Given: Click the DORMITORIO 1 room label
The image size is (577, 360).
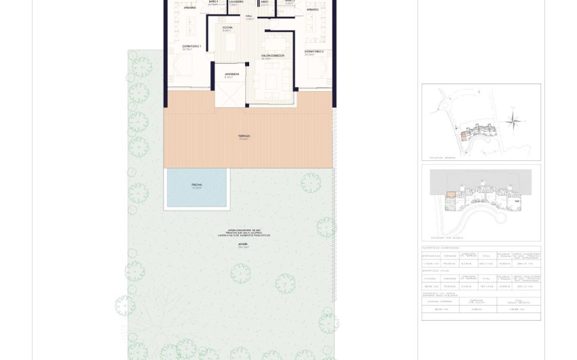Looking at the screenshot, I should tap(183, 46).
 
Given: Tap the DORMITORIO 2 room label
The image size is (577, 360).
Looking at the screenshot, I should tap(314, 52).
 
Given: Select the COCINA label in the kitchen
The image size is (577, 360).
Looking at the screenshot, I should tap(227, 27).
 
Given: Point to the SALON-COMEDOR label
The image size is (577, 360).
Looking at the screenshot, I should tap(272, 55).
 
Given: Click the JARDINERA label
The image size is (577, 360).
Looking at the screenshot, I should tap(231, 73).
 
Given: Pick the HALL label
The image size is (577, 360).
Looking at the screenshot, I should tap(249, 16).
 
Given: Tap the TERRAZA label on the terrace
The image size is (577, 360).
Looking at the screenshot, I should tap(244, 136).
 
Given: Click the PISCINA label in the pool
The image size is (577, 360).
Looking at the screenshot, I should tap(197, 185).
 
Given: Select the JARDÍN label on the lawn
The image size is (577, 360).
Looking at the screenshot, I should tap(243, 244).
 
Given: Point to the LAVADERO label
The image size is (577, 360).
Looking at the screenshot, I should tap(236, 2).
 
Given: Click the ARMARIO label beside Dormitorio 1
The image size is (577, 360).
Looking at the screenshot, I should tap(189, 8).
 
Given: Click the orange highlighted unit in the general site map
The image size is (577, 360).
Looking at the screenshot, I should tap(464, 136).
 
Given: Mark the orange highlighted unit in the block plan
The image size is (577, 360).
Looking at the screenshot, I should tap(450, 196).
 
